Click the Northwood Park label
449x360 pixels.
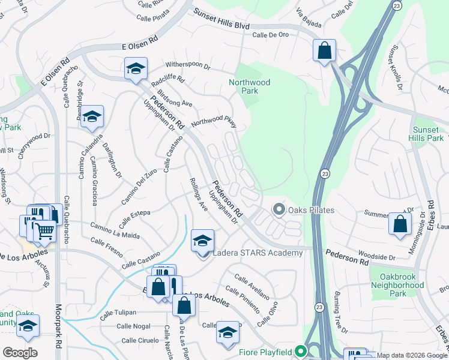pyautogui.click(x=249, y=86)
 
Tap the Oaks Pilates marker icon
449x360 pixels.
pyautogui.click(x=279, y=210)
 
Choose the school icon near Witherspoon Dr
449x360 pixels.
pyautogui.click(x=136, y=69)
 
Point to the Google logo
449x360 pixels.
pyautogui.click(x=20, y=353)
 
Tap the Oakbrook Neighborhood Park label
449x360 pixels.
pyautogui.click(x=397, y=285)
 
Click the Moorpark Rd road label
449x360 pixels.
pyautogui.click(x=58, y=325)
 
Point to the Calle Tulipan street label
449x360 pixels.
pyautogui.click(x=118, y=313)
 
